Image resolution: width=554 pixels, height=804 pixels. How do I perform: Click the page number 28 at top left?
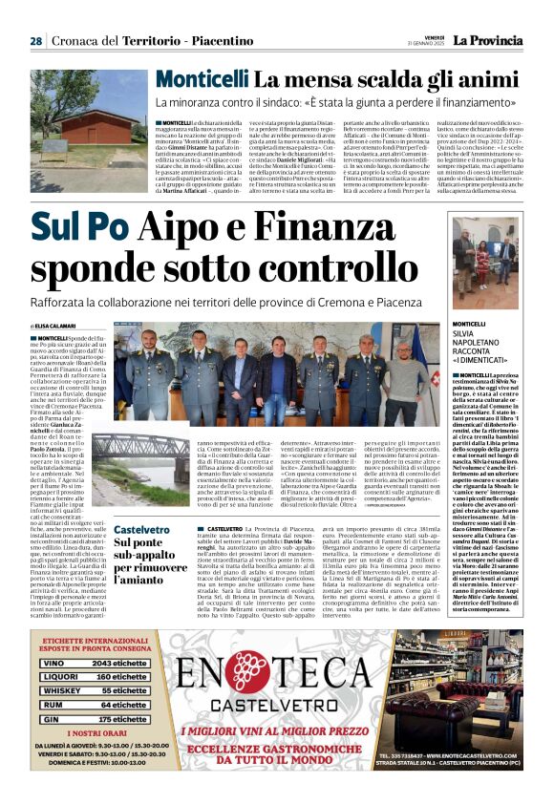pos(35,41)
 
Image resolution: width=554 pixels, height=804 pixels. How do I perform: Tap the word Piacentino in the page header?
pos(197,41)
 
